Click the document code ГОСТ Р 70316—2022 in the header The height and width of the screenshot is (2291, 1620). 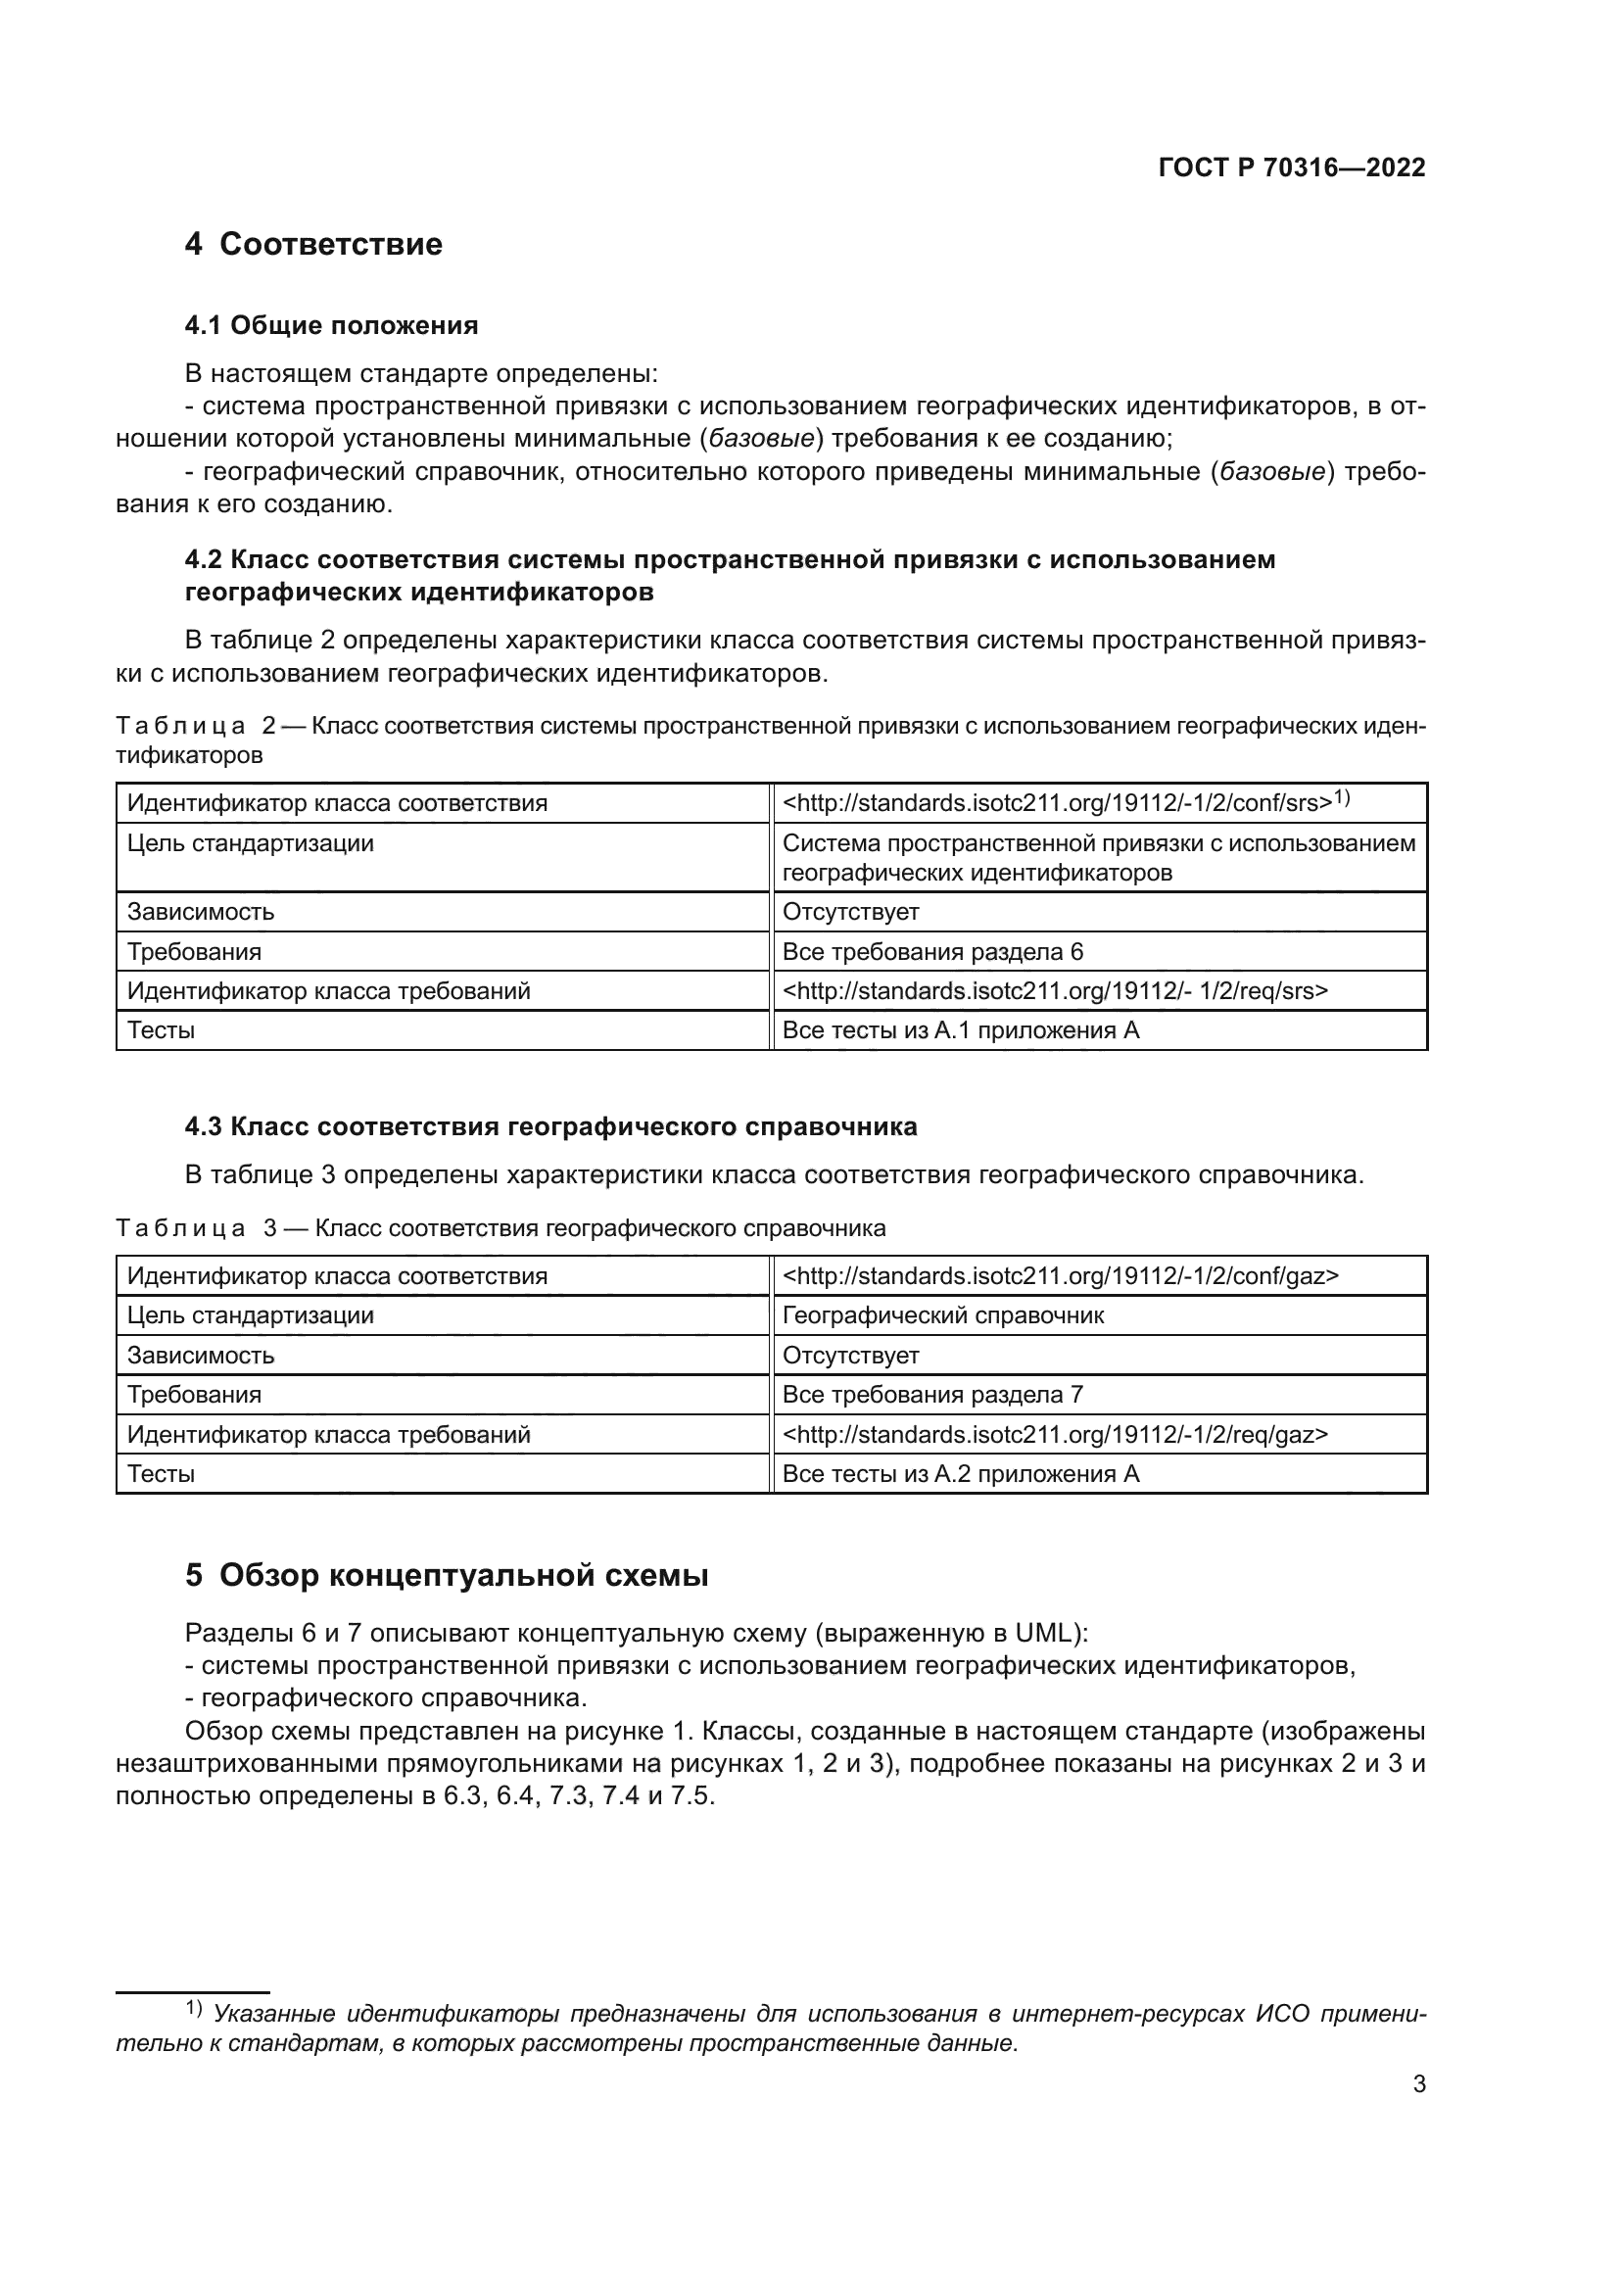click(x=1291, y=167)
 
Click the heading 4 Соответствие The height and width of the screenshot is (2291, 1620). click(x=313, y=245)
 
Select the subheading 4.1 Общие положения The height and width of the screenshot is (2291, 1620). click(x=331, y=325)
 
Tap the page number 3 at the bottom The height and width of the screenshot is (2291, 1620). click(x=1418, y=2083)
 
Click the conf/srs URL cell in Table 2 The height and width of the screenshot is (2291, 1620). click(x=1066, y=802)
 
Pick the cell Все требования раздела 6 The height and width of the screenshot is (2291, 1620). click(x=931, y=951)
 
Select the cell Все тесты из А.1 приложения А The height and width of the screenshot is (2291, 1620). click(x=960, y=1029)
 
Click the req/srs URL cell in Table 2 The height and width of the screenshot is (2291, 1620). click(x=1055, y=991)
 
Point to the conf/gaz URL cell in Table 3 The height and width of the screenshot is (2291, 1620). click(x=1060, y=1275)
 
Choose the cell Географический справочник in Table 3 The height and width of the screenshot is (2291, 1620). click(x=942, y=1315)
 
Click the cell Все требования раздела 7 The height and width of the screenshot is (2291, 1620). click(x=931, y=1394)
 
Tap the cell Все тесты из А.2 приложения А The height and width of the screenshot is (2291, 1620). click(x=960, y=1474)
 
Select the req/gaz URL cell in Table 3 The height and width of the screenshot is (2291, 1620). click(x=1055, y=1435)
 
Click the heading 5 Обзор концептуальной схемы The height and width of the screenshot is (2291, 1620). click(x=446, y=1576)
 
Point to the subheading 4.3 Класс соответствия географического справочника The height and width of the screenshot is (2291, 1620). click(x=550, y=1126)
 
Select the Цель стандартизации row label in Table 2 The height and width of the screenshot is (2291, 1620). click(x=250, y=843)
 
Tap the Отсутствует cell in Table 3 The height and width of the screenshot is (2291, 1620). click(x=850, y=1355)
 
